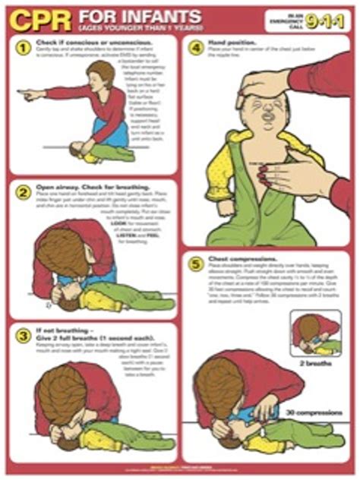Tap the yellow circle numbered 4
coord(195,48)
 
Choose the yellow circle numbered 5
coord(195,266)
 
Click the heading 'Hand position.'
coord(232,44)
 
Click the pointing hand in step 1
coord(28,96)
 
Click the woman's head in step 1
coord(100,76)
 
